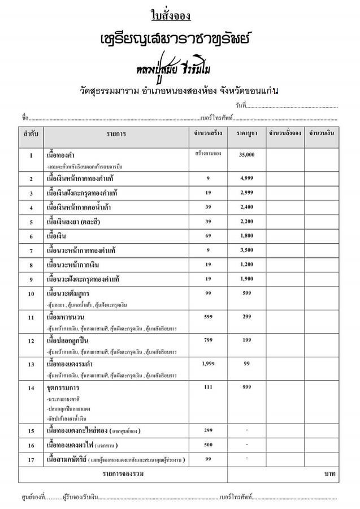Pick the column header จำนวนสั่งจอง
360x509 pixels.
pyautogui.click(x=285, y=134)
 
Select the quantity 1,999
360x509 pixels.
pyautogui.click(x=207, y=364)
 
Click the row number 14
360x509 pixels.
pyautogui.click(x=31, y=389)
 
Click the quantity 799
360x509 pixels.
pyautogui.click(x=207, y=340)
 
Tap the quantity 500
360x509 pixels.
pyautogui.click(x=207, y=445)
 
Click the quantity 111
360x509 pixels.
pyautogui.click(x=207, y=387)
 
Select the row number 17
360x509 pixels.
pyautogui.click(x=31, y=459)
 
